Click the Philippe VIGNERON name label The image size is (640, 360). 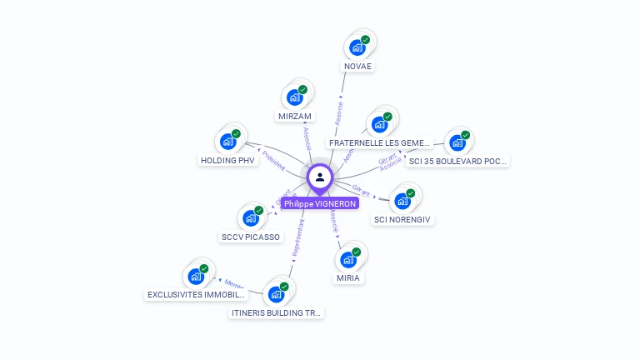pos(319,203)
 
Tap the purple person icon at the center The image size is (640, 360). pos(320,177)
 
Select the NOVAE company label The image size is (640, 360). pos(357,66)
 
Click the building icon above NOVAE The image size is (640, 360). pos(357,47)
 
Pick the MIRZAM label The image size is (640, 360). pos(294,117)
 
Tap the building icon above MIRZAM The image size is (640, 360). pos(294,97)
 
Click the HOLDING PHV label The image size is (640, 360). pos(227,160)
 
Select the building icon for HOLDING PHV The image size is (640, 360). pos(227,142)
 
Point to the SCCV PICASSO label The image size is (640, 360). pos(251,237)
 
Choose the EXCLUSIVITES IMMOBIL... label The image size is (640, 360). pos(197,294)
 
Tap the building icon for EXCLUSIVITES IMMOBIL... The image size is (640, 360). pos(196,277)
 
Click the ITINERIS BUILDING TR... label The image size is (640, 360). pos(277,312)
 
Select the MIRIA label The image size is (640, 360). pos(348,277)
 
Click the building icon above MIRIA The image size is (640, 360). pos(348,259)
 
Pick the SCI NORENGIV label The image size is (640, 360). pos(403,219)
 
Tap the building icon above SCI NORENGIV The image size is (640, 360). pos(402,201)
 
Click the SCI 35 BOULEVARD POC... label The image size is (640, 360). pos(457,161)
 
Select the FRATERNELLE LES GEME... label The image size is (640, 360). pos(379,142)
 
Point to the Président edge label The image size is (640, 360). pos(273,159)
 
